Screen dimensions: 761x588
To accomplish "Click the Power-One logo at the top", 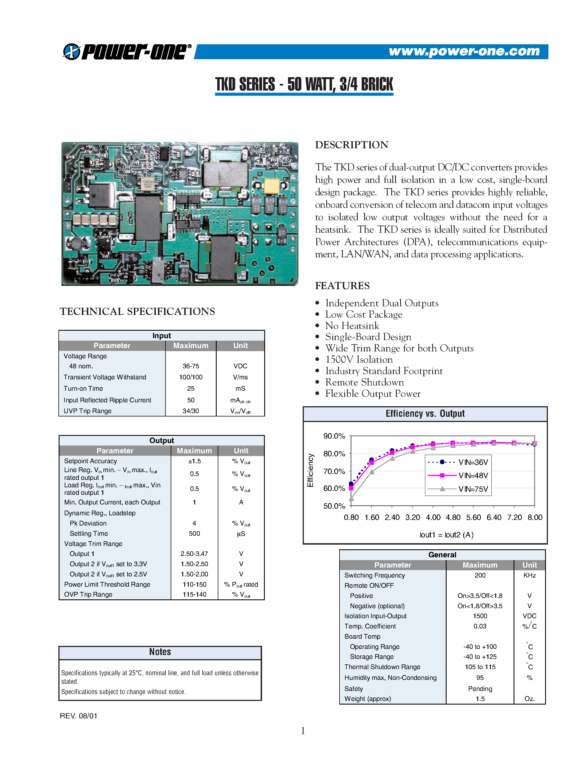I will (127, 51).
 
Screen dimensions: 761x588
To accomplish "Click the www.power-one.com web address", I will (464, 51).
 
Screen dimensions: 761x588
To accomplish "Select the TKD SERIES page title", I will (304, 84).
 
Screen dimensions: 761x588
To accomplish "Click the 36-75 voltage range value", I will (191, 366).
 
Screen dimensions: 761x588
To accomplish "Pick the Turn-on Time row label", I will (83, 389).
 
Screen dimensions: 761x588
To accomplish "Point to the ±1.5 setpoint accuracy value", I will (194, 461).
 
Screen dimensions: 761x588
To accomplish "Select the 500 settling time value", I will (194, 534).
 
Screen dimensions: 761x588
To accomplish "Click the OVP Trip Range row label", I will (88, 594).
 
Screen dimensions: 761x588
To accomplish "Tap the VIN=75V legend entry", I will (459, 489).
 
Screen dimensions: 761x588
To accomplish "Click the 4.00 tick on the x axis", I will (433, 517).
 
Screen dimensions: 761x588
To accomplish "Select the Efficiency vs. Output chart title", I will (425, 414).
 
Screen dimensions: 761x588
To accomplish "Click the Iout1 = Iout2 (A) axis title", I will (446, 535).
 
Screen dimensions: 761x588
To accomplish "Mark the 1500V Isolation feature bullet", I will (359, 359).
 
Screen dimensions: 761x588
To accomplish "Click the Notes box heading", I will (160, 652).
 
